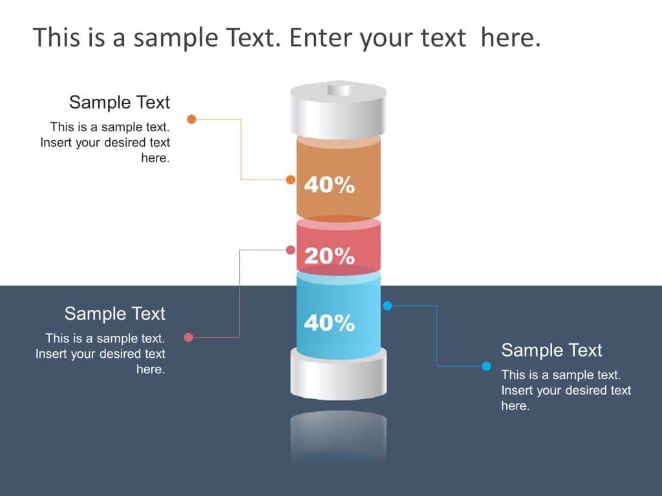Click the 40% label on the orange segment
(x=329, y=185)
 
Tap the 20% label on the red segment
(x=329, y=256)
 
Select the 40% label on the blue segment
(x=329, y=322)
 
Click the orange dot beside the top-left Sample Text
(x=191, y=119)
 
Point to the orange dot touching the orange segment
(x=290, y=180)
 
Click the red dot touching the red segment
(x=291, y=250)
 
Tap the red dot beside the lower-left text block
(x=189, y=337)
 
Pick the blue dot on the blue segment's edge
(x=387, y=305)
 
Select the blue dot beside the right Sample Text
(x=486, y=366)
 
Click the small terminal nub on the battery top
(x=338, y=88)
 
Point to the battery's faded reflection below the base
(x=338, y=436)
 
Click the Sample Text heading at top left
(x=120, y=102)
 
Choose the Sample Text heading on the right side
(x=551, y=350)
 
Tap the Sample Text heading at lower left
(x=115, y=314)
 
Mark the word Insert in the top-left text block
(x=56, y=142)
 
